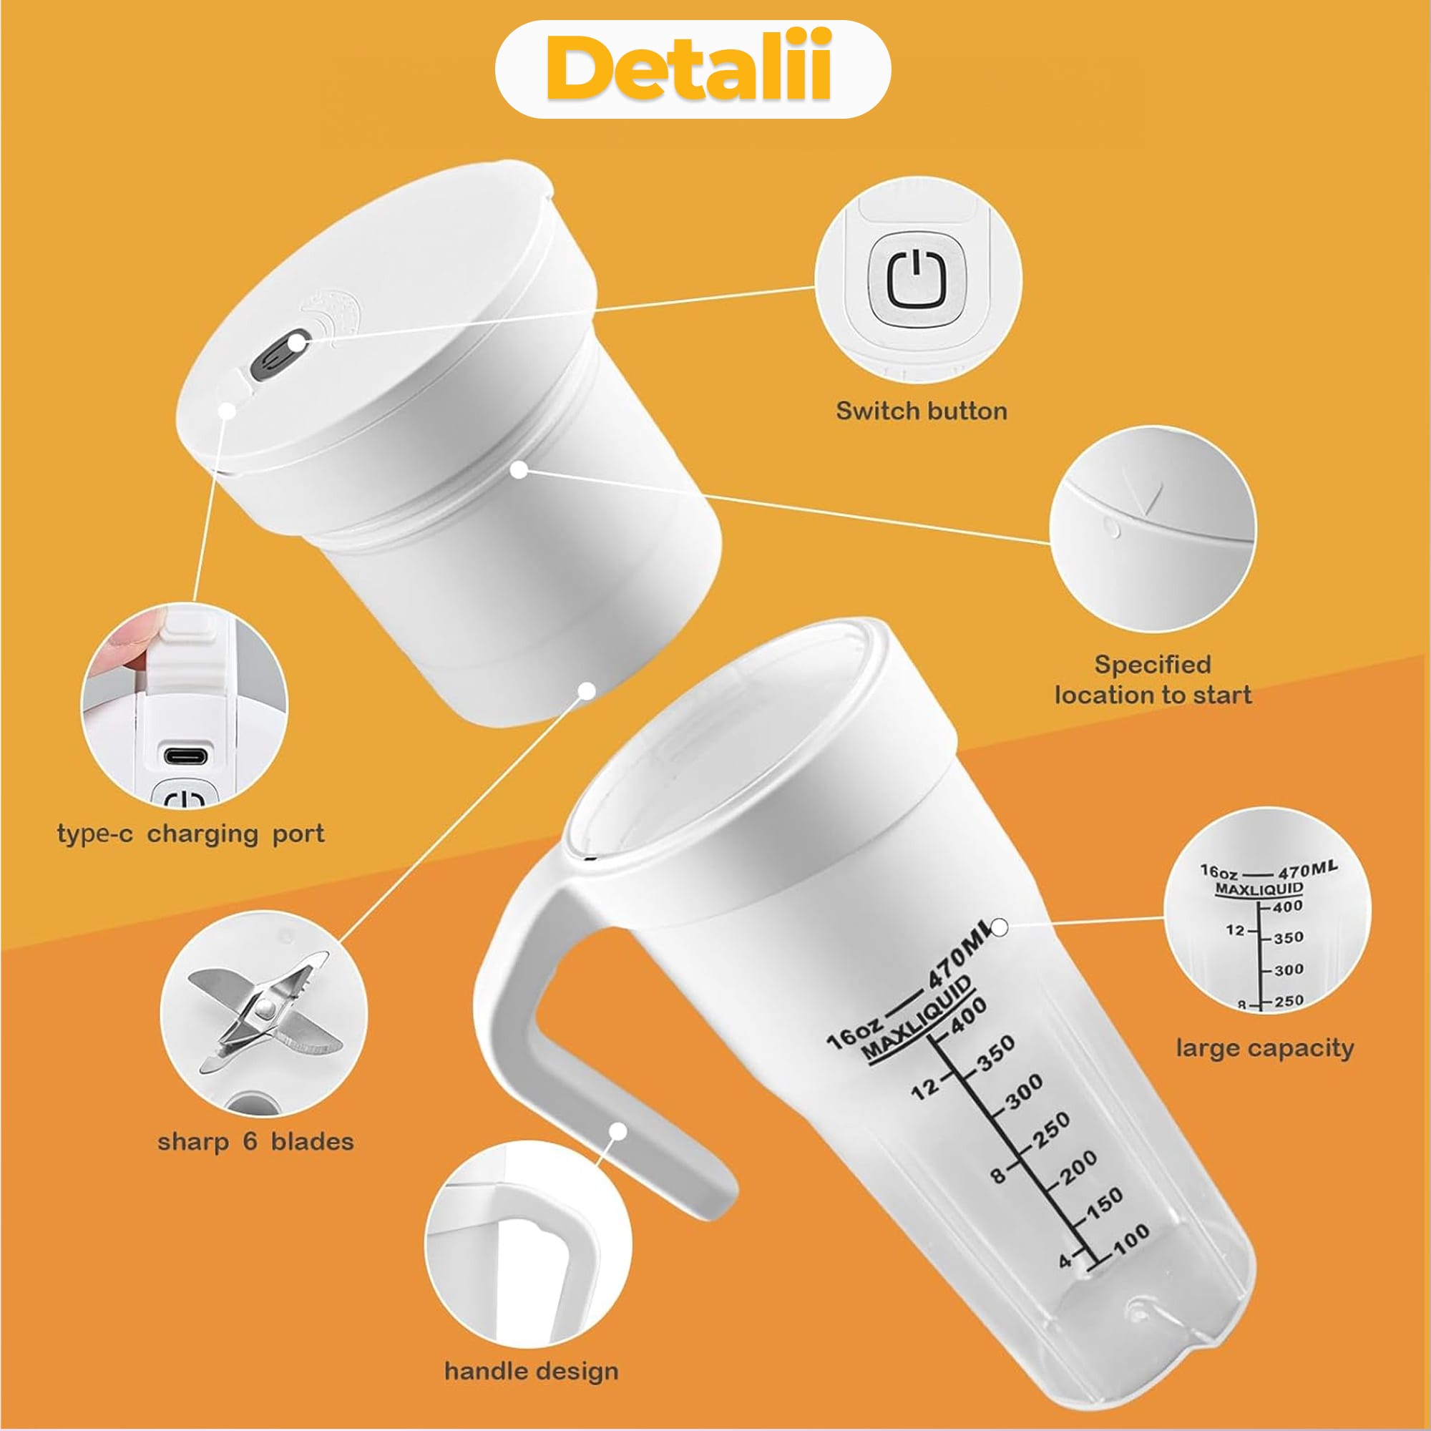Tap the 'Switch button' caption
[922, 411]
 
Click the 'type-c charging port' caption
[190, 835]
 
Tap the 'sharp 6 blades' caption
[255, 1141]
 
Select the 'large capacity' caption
[1264, 1048]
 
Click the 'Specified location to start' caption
[1153, 679]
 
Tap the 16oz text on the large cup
[854, 1034]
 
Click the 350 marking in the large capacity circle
[1288, 938]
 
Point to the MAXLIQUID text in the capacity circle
[1259, 888]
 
